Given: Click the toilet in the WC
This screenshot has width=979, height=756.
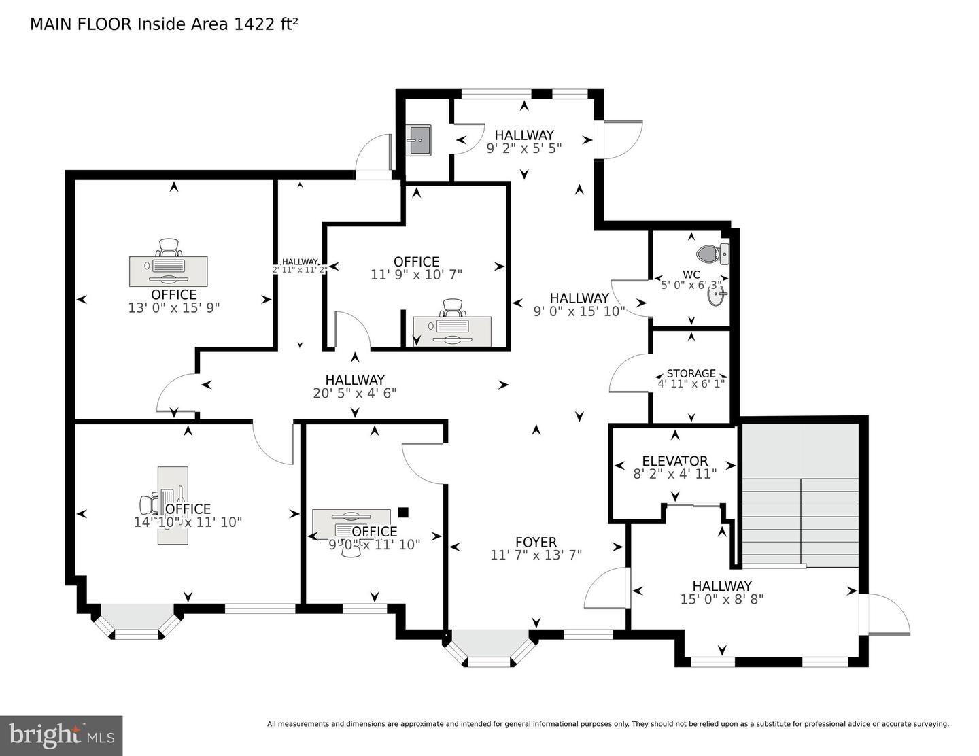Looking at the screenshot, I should (711, 254).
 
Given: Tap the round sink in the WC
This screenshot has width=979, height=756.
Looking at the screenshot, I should (716, 296).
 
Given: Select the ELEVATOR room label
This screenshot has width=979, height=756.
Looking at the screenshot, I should (674, 461).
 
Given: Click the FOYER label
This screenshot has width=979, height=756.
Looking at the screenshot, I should (536, 542).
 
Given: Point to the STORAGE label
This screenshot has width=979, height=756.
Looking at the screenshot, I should (691, 373).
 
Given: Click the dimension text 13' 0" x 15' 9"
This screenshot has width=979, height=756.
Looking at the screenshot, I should (174, 308).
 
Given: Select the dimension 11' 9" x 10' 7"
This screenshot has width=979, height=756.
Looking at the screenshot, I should (416, 275).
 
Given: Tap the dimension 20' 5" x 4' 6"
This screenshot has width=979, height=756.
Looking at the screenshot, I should (354, 393).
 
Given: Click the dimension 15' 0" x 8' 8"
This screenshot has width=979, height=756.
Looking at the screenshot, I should (722, 599).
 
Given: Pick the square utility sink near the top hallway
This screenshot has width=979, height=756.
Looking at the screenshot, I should (419, 141).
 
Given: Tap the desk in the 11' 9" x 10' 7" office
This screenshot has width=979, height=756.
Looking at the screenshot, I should (452, 330).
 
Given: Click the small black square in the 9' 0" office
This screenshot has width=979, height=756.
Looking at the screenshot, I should (403, 512).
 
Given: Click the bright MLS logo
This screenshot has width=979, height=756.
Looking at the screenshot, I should (61, 735).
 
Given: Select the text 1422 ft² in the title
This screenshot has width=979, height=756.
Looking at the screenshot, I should (266, 24).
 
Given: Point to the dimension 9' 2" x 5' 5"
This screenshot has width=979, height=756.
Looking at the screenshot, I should (523, 148).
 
